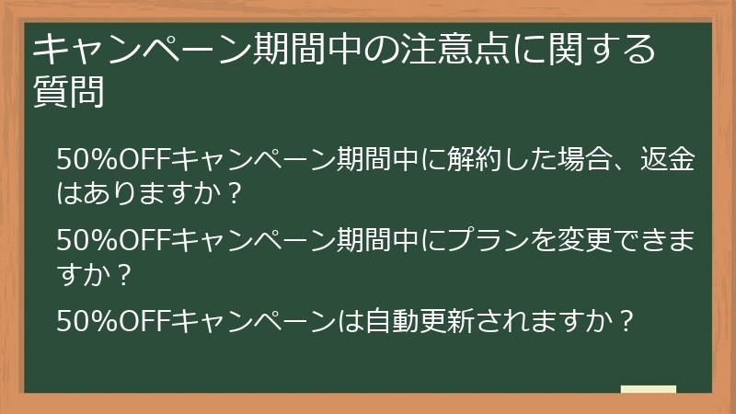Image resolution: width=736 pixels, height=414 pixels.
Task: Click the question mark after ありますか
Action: (x=234, y=194)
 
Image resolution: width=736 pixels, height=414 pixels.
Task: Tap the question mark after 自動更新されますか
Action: (x=626, y=322)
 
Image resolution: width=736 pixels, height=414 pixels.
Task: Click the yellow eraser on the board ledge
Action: (x=648, y=389)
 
